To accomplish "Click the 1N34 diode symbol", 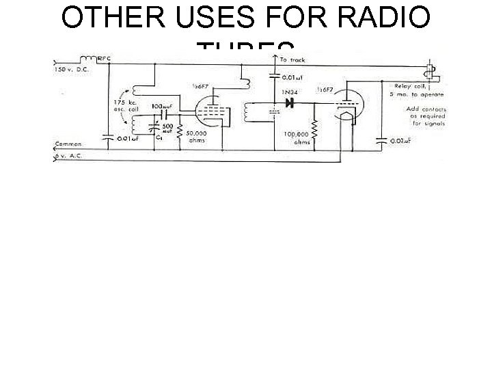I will coord(290,104).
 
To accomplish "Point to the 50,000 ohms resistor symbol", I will coord(179,129).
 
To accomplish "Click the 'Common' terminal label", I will coord(68,144).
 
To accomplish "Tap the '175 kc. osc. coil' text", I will coord(127,109).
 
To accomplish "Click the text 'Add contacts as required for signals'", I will coord(425,116).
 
